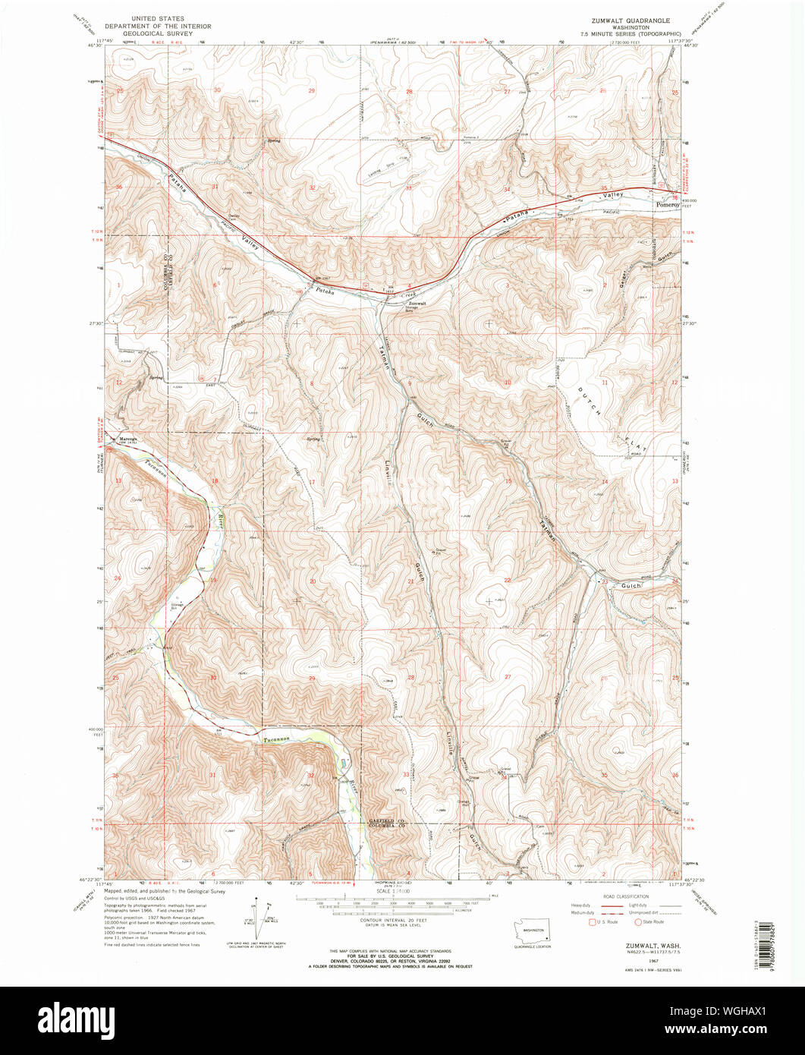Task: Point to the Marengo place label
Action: tap(127, 439)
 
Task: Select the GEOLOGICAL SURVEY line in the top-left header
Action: tap(160, 34)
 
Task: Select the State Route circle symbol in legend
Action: tap(640, 921)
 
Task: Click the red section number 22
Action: tap(507, 580)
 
